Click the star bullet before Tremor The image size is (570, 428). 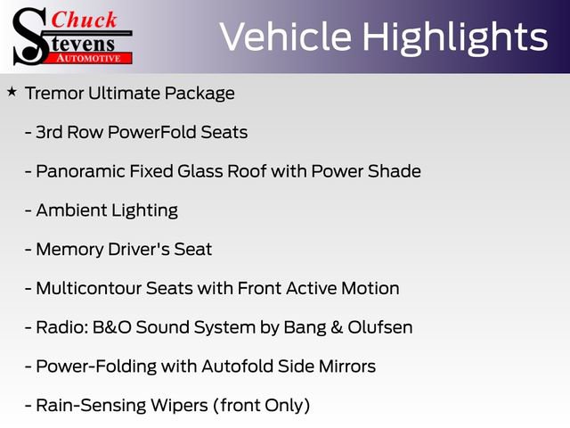(x=12, y=91)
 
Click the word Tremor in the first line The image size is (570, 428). (x=56, y=93)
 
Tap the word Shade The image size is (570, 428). (x=395, y=170)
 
